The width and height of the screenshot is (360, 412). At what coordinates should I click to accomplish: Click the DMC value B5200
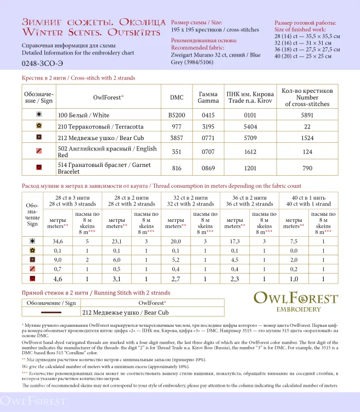pos(177,115)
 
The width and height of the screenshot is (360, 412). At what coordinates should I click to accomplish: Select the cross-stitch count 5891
pos(307,115)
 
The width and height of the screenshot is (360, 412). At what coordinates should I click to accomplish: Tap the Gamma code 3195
pos(208,126)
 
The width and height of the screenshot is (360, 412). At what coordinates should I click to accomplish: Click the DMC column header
pos(177,97)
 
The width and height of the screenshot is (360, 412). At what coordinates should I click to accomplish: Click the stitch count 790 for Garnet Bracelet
pos(307,166)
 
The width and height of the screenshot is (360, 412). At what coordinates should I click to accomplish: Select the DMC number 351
pos(177,152)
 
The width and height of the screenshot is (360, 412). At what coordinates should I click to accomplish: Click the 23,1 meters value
pos(116,241)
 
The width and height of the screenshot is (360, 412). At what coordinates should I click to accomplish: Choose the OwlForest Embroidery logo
pos(295,302)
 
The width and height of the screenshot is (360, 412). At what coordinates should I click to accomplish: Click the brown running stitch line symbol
pos(51,312)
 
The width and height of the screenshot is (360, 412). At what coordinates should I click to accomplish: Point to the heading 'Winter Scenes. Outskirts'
pos(91,32)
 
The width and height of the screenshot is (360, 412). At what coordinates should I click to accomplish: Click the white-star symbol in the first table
pos(39,115)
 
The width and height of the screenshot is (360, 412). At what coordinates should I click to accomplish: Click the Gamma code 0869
pos(208,166)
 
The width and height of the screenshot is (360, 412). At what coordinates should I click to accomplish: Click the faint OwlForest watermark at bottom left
pos(26,400)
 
